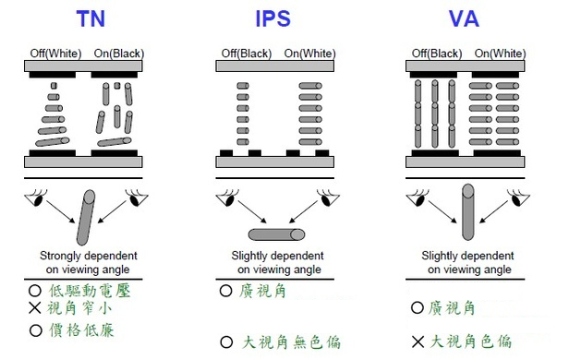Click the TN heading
coord(91,18)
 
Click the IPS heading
coord(272,18)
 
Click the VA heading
coord(464,18)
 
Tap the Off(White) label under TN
coord(55,54)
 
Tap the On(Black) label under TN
coord(119,54)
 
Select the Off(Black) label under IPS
coord(247,54)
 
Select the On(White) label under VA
coord(500,54)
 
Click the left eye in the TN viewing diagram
coord(36,198)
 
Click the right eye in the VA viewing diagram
coord(518,198)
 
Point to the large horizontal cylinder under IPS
coord(276,234)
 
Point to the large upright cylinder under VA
coord(468,212)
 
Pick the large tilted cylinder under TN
coord(86,218)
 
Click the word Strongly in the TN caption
coord(60,256)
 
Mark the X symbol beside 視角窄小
coord(35,307)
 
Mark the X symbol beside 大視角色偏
coord(418,342)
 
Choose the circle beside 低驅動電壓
coord(35,291)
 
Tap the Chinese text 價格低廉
coord(81,330)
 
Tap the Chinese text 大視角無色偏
coord(291,342)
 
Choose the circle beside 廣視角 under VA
coord(418,307)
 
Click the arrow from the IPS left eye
coord(252,211)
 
